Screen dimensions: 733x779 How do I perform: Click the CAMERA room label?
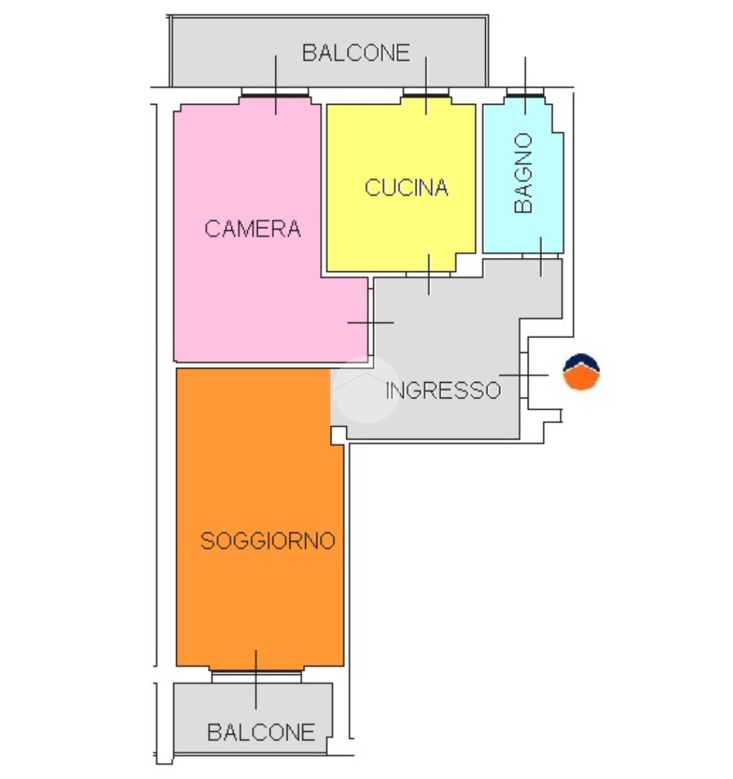click(x=252, y=229)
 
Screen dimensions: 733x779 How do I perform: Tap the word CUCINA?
click(x=406, y=187)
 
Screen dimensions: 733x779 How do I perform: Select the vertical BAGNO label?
click(x=523, y=173)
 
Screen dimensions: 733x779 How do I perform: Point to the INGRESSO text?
click(x=443, y=390)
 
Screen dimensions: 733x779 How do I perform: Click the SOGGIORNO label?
click(x=268, y=541)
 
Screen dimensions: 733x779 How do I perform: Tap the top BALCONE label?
click(x=356, y=53)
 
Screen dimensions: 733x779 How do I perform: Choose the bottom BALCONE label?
click(x=261, y=732)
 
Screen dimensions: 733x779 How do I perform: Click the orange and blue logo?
click(x=582, y=373)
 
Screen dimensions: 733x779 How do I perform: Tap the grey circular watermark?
click(x=364, y=389)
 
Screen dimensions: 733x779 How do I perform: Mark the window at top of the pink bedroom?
click(x=275, y=96)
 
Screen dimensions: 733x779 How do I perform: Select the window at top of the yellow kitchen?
click(x=425, y=96)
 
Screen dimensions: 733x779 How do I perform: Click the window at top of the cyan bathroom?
click(x=525, y=95)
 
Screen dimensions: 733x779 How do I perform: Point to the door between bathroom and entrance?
click(x=541, y=257)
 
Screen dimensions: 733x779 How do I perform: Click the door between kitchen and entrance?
click(x=429, y=274)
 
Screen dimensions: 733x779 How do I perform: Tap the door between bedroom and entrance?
click(x=370, y=322)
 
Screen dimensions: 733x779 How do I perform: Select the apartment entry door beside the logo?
click(x=525, y=375)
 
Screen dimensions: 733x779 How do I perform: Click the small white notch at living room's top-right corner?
click(x=337, y=435)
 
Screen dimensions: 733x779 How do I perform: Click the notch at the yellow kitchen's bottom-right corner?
click(x=463, y=263)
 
